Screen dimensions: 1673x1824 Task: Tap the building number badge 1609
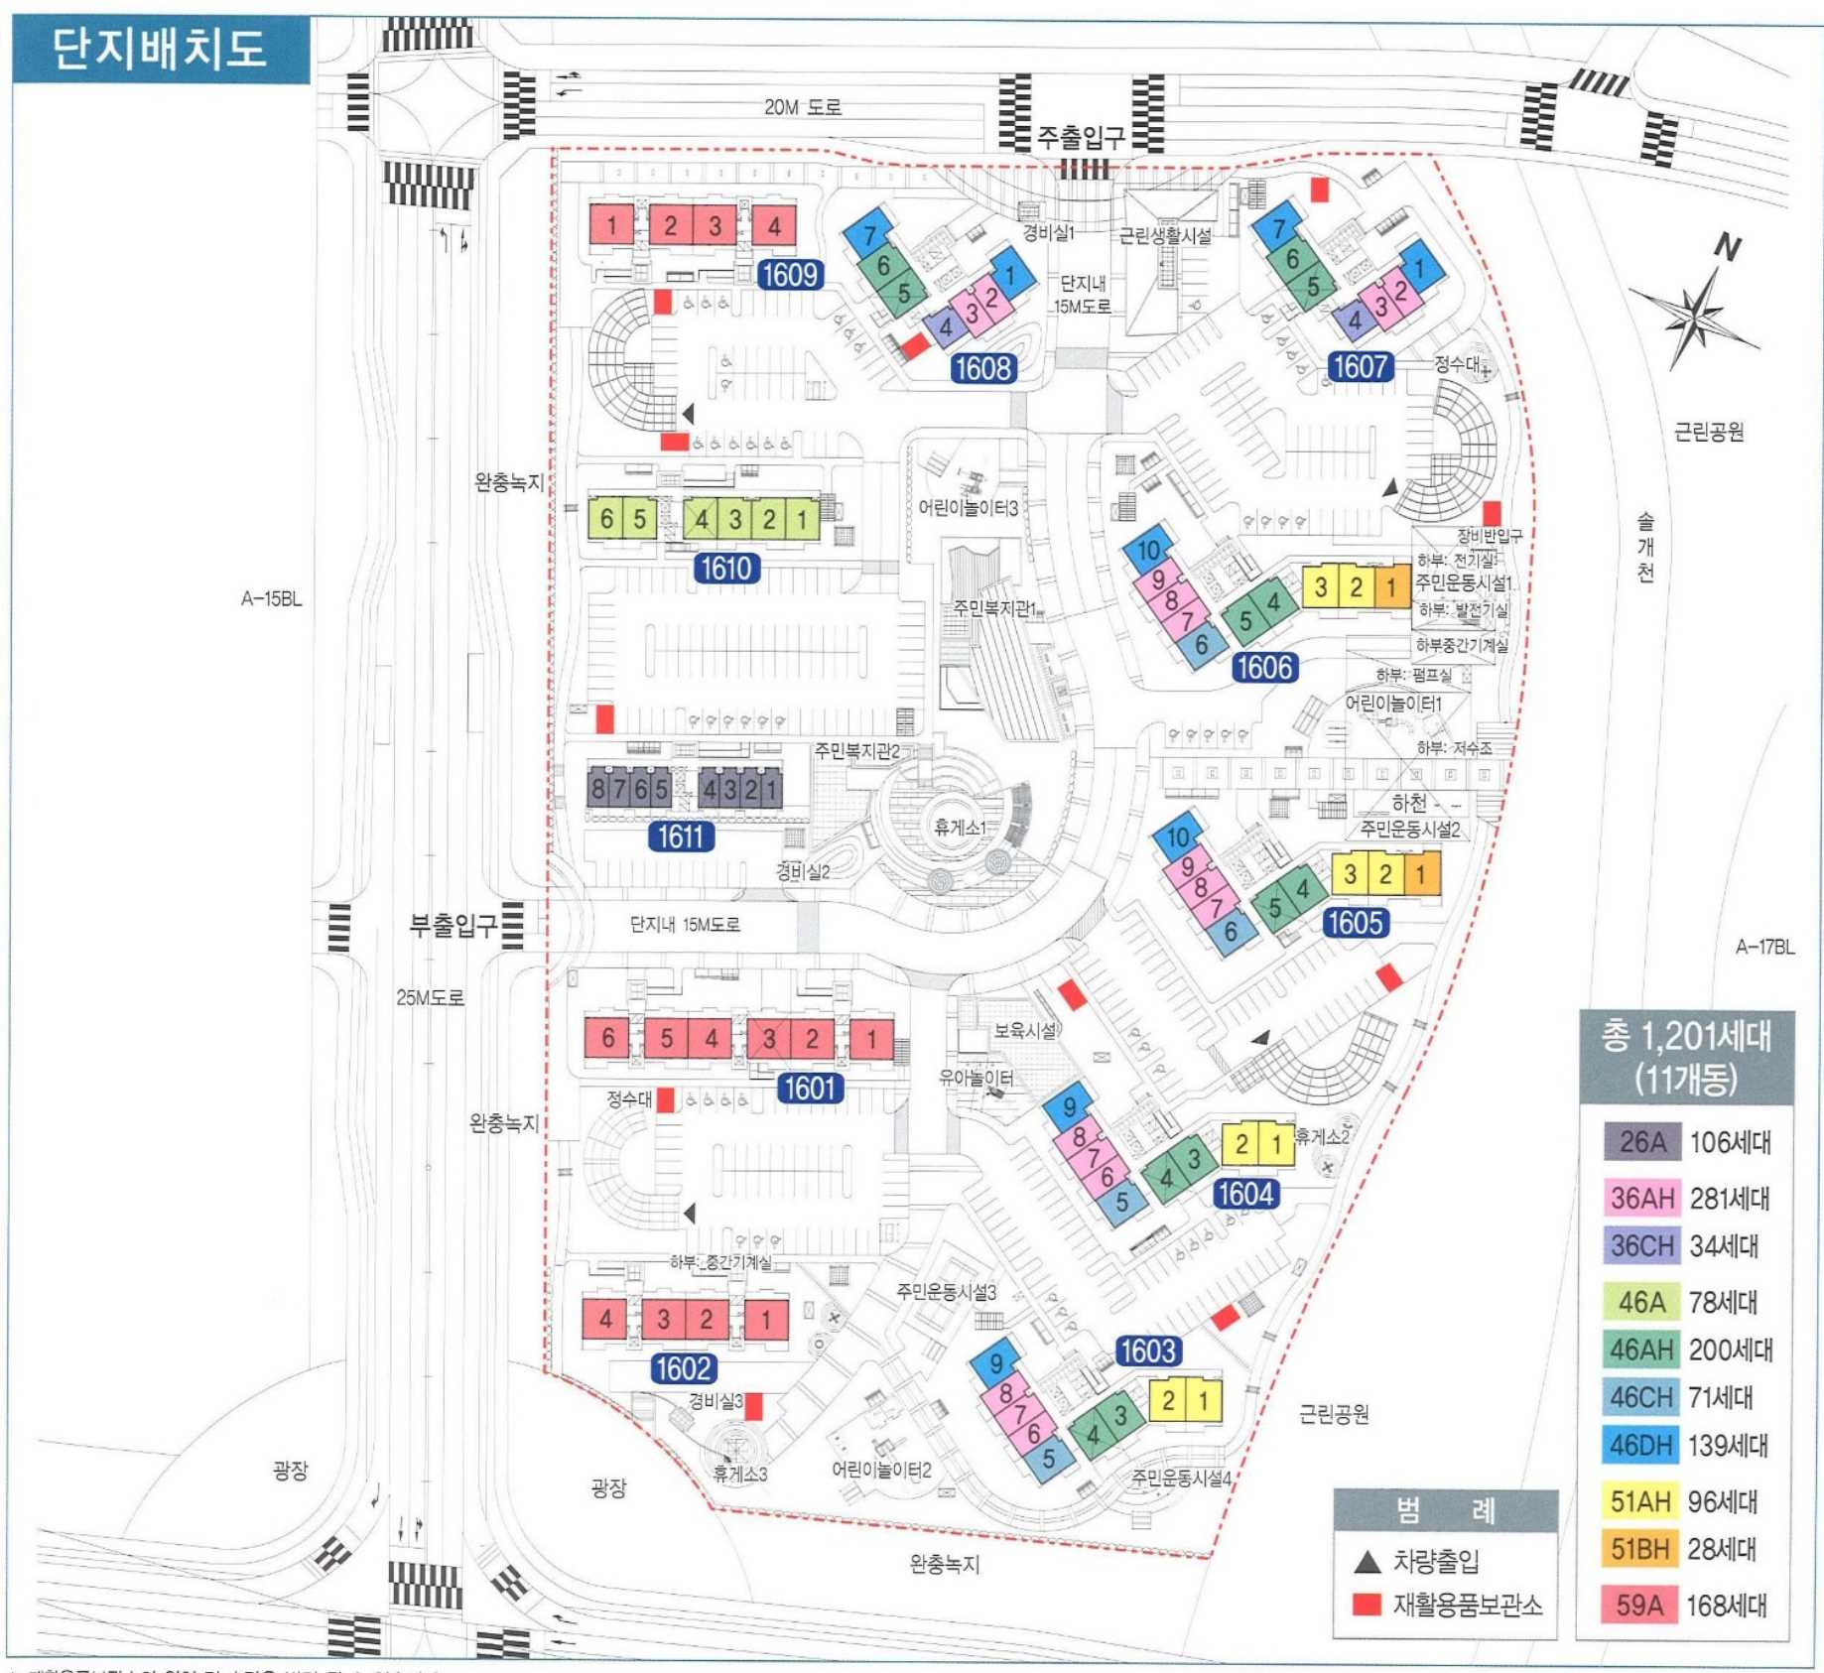pyautogui.click(x=790, y=274)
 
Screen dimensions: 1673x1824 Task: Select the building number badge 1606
pyautogui.click(x=1264, y=667)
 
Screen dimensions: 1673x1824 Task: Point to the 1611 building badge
pyautogui.click(x=681, y=836)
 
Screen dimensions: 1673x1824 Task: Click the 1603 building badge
pyautogui.click(x=1147, y=1351)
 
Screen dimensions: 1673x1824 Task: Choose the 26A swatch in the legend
pyautogui.click(x=1641, y=1142)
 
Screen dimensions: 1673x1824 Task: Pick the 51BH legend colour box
pyautogui.click(x=1641, y=1549)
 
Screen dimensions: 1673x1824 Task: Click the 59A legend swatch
pyautogui.click(x=1639, y=1605)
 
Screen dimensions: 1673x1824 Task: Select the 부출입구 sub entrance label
pyautogui.click(x=454, y=925)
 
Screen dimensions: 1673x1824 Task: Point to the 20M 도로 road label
pyautogui.click(x=802, y=107)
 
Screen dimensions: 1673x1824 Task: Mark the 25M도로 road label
pyautogui.click(x=430, y=997)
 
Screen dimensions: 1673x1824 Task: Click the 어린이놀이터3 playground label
pyautogui.click(x=968, y=507)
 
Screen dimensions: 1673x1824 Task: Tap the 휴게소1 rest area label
pyautogui.click(x=959, y=827)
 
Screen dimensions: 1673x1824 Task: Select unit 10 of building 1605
pyautogui.click(x=1178, y=836)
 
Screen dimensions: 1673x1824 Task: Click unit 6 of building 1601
pyautogui.click(x=607, y=1038)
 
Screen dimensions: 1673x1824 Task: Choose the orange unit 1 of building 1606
pyautogui.click(x=1391, y=586)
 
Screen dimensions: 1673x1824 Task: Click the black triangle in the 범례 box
pyautogui.click(x=1368, y=1562)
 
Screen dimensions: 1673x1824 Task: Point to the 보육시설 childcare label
pyautogui.click(x=1025, y=1031)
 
